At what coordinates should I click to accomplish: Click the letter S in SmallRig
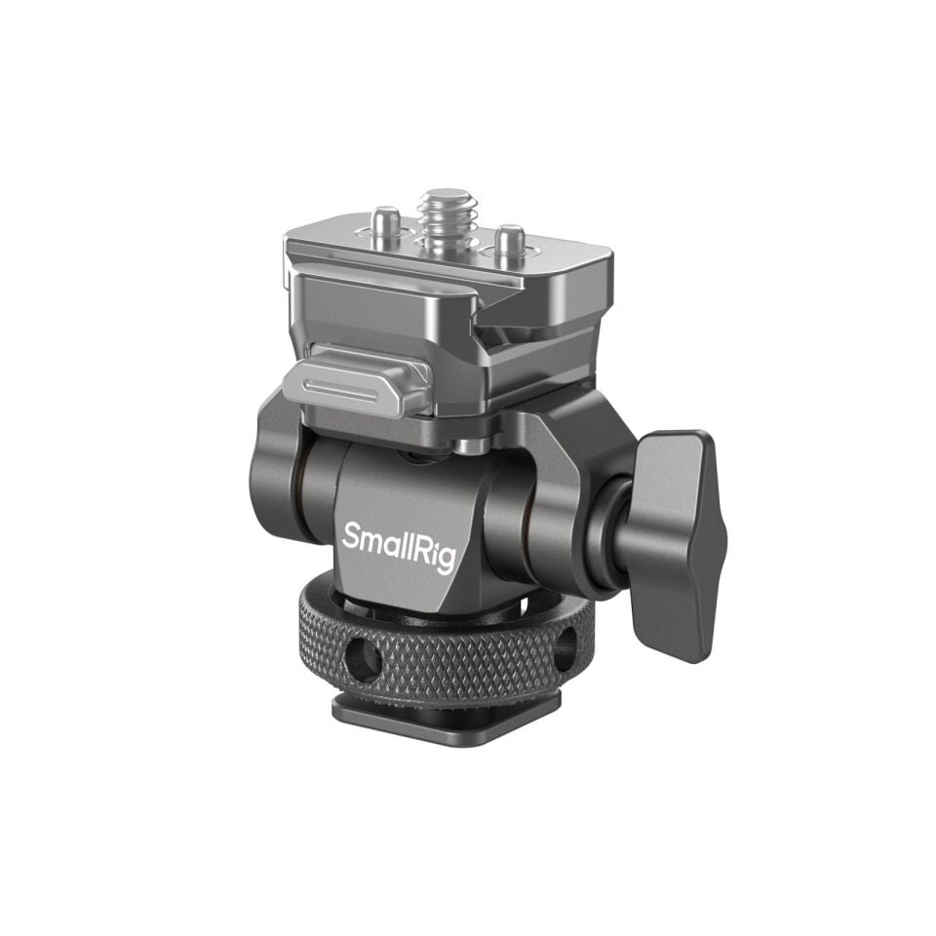tap(350, 533)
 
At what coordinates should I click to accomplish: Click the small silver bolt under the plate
tap(471, 446)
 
